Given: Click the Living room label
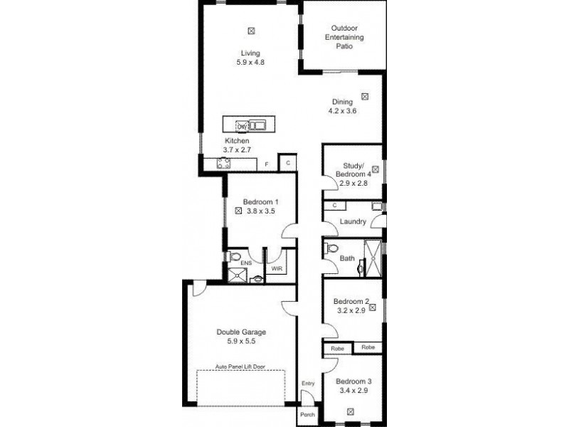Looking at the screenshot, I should pos(250,53).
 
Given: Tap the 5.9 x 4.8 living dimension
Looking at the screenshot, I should pos(250,63).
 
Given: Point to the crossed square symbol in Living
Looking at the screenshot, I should pos(250,30).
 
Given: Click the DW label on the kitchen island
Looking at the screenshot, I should pos(241,127).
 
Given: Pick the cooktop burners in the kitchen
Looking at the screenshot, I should pos(222,164).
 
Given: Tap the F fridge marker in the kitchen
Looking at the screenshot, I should pos(267,165).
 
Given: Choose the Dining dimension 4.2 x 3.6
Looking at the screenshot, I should pos(341,111).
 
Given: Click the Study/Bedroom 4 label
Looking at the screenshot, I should pos(353,170).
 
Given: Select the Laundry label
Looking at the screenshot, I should pos(353,222).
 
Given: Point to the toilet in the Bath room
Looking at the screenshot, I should pos(329,249).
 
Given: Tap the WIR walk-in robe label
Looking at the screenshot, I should pos(274,270).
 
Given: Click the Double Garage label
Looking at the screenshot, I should pos(241,332).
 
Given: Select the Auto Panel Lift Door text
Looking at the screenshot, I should pos(240,368).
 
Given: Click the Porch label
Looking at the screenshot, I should pos(307,414).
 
